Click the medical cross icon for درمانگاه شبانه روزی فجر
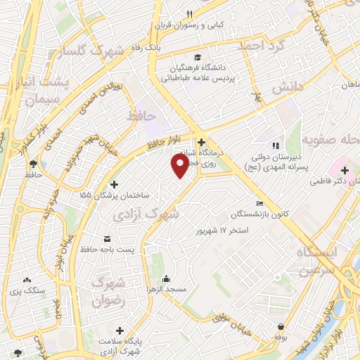pyautogui.click(x=201, y=142)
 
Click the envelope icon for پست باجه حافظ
pyautogui.click(x=106, y=239)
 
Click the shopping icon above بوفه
pyautogui.click(x=281, y=326)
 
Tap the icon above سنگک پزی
pyautogui.click(x=27, y=280)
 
